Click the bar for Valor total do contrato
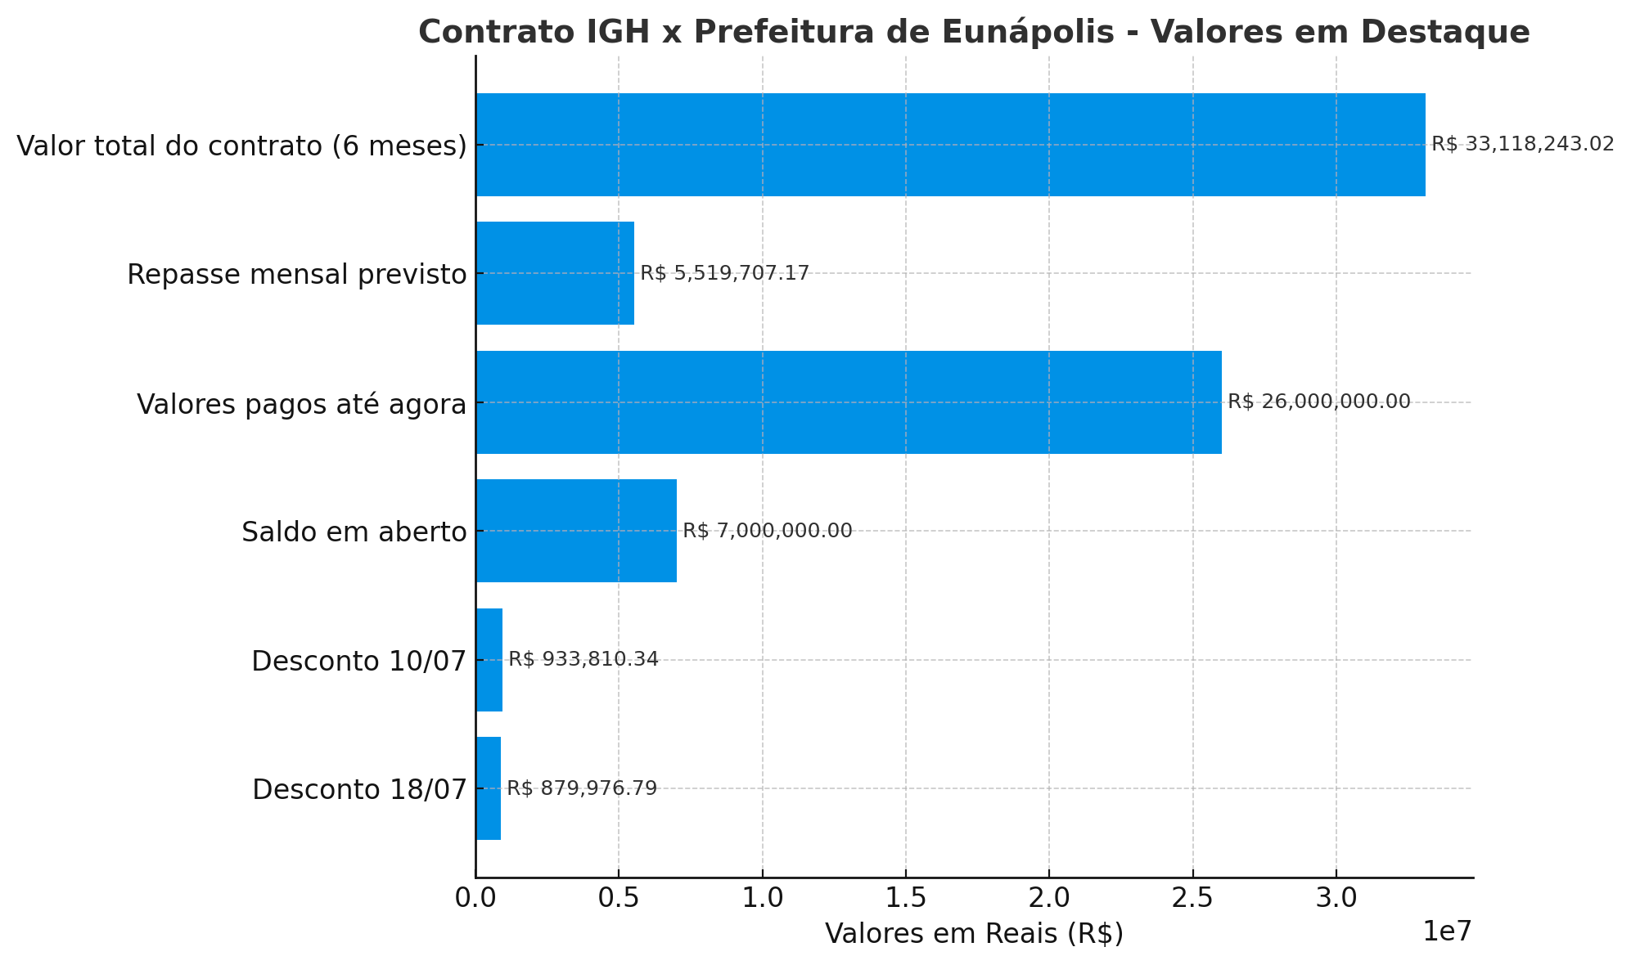click(x=949, y=145)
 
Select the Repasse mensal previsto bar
click(x=555, y=273)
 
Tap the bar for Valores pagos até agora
click(x=848, y=402)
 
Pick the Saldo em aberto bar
click(x=576, y=531)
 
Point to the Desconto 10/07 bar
click(x=489, y=660)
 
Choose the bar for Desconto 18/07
click(x=489, y=788)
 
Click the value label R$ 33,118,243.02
click(x=1522, y=145)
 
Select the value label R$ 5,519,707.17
click(x=724, y=273)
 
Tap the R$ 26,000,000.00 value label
click(x=1318, y=402)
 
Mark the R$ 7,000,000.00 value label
click(x=767, y=531)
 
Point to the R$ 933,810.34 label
click(x=583, y=660)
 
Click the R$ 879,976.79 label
click(x=581, y=788)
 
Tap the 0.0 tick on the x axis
click(x=475, y=898)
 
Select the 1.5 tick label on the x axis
click(x=906, y=898)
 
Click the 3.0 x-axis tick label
click(x=1336, y=898)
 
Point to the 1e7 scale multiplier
click(x=1447, y=931)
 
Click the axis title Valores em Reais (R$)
click(x=974, y=934)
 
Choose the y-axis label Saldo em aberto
click(x=354, y=532)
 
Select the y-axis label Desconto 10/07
click(x=358, y=661)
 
